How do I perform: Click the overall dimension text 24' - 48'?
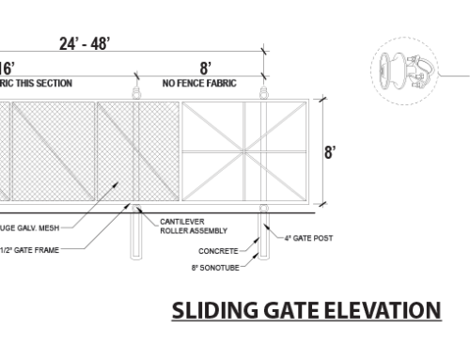pos(85,43)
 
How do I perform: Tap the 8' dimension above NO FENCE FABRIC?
pos(205,68)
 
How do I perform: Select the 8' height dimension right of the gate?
pos(331,151)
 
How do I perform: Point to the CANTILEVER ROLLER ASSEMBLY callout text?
pos(185,226)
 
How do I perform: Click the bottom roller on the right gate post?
pos(263,207)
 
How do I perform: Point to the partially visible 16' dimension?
pos(7,68)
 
